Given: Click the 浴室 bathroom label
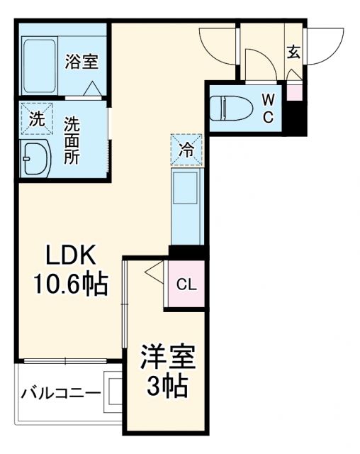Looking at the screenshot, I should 81,61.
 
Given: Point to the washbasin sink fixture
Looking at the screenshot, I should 35,157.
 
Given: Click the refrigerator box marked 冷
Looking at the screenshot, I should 185,149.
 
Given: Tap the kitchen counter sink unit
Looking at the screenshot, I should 186,204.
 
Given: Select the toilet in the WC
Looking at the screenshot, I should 231,107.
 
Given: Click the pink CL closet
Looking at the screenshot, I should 185,285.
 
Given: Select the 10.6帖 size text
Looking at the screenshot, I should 69,284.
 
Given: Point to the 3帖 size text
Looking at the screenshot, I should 167,387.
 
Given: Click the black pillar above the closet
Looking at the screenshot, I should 187,251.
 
